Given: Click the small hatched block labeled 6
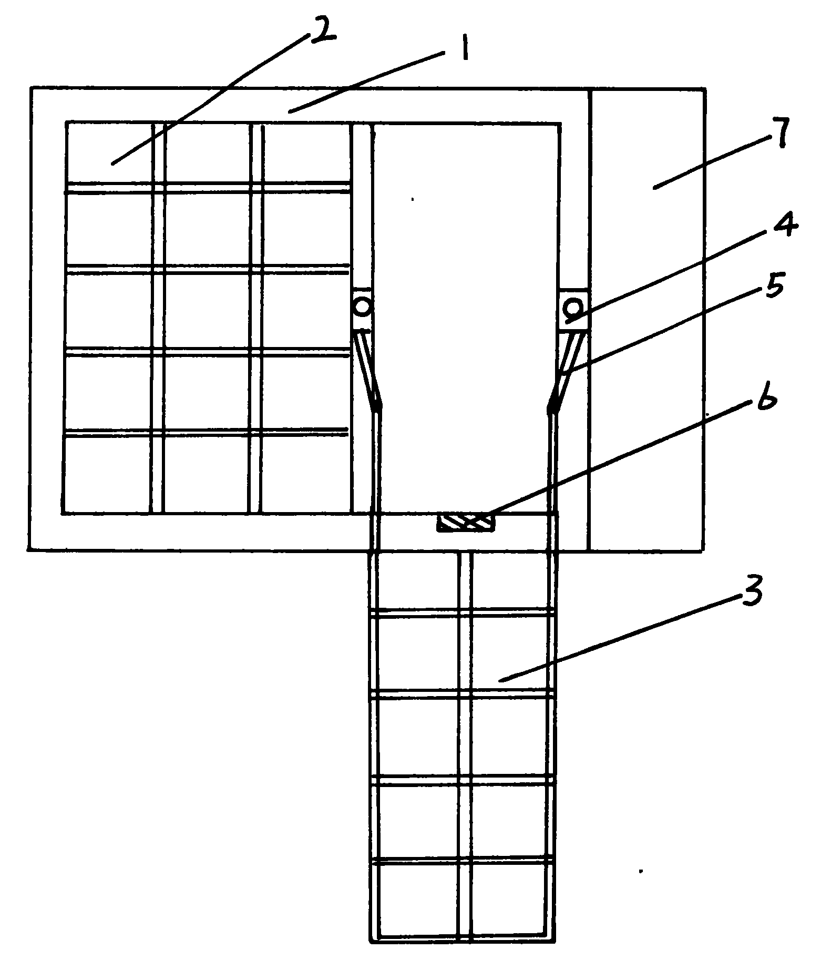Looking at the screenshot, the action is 466,523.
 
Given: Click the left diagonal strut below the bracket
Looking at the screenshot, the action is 368,371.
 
